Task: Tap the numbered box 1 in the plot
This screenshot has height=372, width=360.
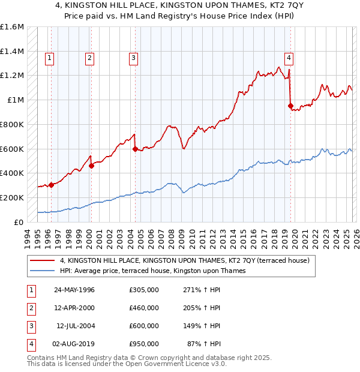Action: coord(49,58)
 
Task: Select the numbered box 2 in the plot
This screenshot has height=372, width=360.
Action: coord(89,58)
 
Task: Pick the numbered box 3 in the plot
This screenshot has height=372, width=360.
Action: coord(133,58)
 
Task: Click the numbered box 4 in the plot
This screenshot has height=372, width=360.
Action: coord(289,58)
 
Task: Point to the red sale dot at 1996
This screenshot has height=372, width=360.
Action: coord(52,185)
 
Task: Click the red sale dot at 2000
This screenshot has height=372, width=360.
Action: coord(91,166)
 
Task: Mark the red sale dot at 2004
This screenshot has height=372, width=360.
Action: coord(135,149)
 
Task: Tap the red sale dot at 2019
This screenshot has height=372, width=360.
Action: coord(290,106)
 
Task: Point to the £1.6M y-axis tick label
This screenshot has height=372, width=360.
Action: coord(12,27)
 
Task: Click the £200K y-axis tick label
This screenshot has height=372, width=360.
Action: coord(12,197)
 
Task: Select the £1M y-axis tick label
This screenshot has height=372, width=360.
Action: coord(16,100)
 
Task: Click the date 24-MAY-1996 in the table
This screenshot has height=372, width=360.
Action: coord(74,290)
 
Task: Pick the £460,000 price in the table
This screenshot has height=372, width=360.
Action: coord(143,308)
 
